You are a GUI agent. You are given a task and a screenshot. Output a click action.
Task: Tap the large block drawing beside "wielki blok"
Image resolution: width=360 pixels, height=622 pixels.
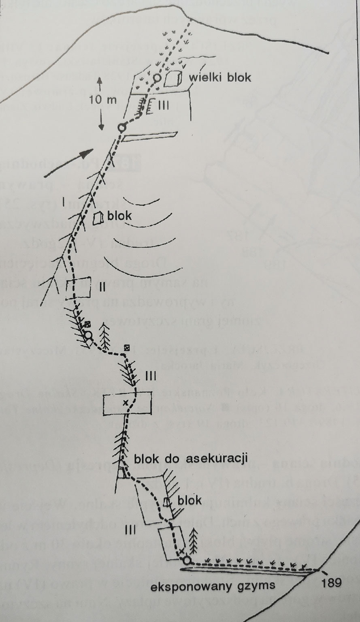(173, 79)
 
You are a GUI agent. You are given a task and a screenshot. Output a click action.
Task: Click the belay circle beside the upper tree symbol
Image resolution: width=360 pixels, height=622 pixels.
(88, 335)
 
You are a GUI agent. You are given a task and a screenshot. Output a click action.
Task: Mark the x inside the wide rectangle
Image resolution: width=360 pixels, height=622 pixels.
(125, 402)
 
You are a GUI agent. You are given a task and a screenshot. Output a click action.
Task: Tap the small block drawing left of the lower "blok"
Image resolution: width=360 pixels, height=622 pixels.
(166, 502)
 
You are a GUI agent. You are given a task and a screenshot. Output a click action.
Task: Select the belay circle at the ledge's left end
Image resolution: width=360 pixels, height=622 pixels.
(186, 561)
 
